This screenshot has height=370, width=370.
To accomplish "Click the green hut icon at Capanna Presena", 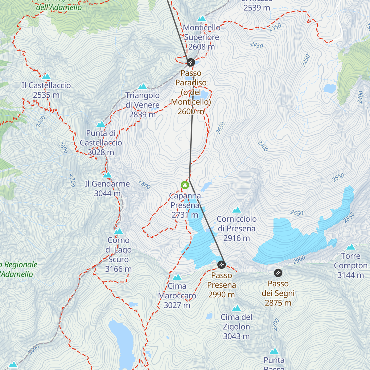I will pos(185,185).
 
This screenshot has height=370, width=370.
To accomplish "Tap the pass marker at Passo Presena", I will pos(221,265).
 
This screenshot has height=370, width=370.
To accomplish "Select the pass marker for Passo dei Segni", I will pos(278,273).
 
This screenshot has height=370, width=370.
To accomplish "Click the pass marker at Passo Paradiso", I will pos(191,62).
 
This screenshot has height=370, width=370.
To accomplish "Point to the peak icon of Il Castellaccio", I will pos(46,76).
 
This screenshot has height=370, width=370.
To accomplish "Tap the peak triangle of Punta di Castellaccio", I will pos(101,124).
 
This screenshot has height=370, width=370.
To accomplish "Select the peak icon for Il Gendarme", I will pos(107,175).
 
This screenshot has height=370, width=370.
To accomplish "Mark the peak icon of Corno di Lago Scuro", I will pos(118,231).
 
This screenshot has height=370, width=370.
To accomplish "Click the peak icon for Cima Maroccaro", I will pos(177,277).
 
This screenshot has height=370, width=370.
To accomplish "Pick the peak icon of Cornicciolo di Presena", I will pos(236,210).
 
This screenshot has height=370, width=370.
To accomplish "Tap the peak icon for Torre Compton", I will pos(351,247).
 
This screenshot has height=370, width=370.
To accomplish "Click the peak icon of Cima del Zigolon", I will pos(236,308).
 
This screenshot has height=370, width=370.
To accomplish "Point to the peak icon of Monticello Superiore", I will pos(201,19).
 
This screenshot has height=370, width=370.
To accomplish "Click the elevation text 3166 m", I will pos(118,269).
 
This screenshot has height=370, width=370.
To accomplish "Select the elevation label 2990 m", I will pos(221,295).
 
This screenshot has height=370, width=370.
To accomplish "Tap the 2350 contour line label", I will pos(275,27).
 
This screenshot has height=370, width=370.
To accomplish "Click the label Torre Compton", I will pos(351,261).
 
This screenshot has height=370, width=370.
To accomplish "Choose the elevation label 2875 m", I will pos(278,303).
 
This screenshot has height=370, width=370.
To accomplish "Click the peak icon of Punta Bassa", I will pos(274,351).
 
